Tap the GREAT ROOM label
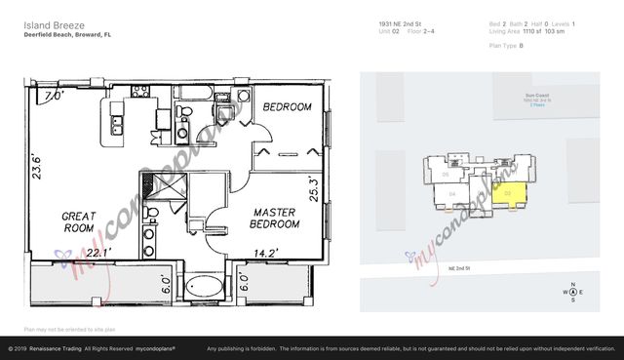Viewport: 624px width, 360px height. coord(79,222)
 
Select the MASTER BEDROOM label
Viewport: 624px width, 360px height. coord(276,218)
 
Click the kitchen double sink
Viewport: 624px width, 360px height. coord(117,125)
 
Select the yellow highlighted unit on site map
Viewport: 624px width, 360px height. coord(511,194)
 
